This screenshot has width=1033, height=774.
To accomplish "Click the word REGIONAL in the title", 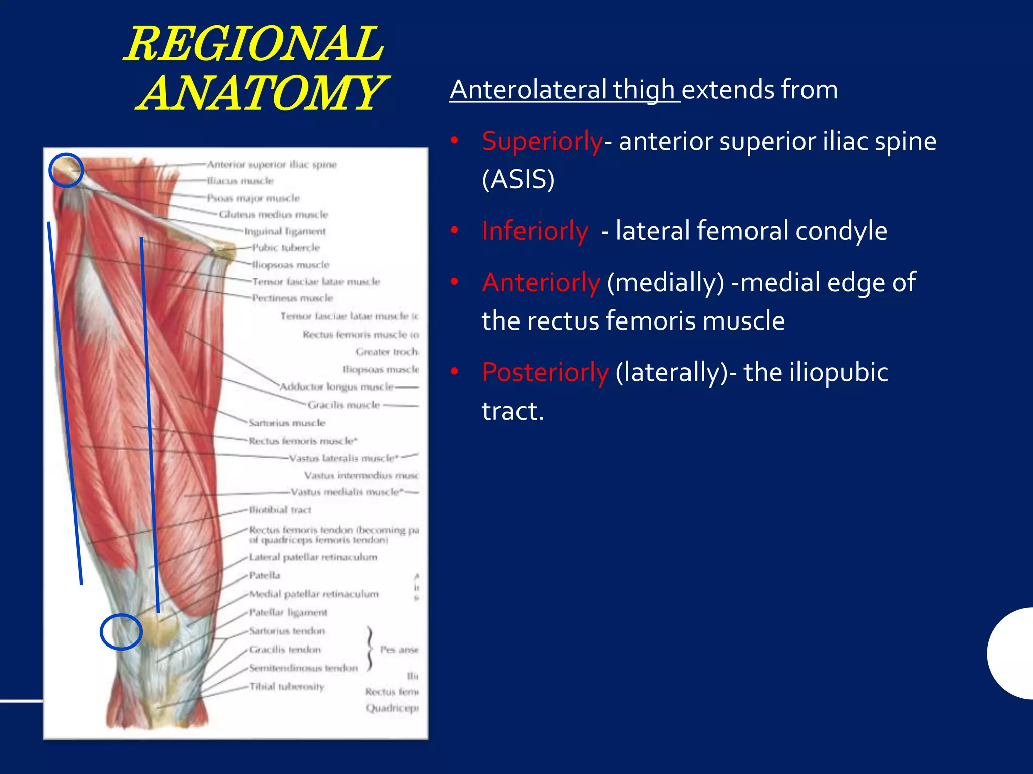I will click(255, 44).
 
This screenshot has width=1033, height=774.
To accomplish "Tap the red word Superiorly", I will click(542, 141).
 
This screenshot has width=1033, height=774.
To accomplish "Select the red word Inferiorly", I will click(535, 231).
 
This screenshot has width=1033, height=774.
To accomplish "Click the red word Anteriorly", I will click(541, 282).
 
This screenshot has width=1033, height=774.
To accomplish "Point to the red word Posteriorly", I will click(545, 372).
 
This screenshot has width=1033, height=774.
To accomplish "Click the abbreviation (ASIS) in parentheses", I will click(518, 179).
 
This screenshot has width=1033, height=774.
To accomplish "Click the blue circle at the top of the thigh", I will click(66, 170).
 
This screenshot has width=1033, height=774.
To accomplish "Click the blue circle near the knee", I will click(121, 631).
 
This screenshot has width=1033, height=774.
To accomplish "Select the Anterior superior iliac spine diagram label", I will click(272, 164).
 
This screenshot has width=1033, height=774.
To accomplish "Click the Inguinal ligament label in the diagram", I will click(285, 231).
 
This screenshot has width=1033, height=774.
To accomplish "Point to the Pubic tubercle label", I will click(286, 248).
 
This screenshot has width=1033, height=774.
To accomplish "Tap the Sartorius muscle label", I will click(287, 423).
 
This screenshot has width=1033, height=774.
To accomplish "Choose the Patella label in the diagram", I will click(265, 575).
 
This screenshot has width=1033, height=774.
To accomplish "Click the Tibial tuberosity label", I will click(286, 686).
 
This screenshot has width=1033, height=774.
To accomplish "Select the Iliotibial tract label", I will click(280, 510).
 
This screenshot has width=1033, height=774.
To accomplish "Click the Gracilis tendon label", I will click(285, 650).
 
